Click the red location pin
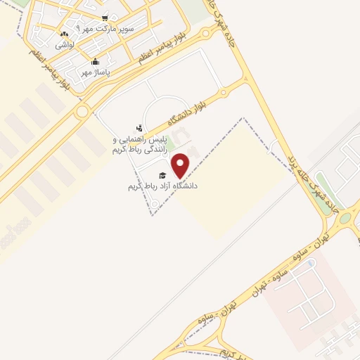(181, 165)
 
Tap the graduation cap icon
(162, 175)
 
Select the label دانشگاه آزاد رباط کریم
(162, 186)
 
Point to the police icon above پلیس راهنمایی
(140, 128)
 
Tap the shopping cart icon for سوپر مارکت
(105, 18)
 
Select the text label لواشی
(65, 44)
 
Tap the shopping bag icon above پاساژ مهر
(96, 61)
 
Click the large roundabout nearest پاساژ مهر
(82, 111)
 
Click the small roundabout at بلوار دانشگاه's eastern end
(222, 91)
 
